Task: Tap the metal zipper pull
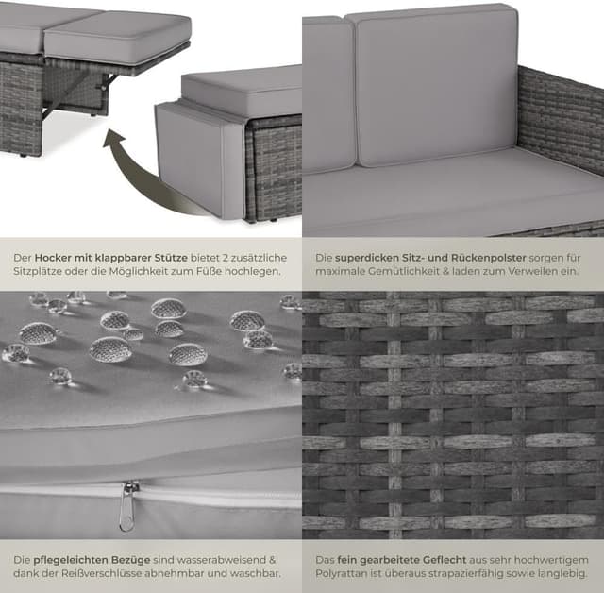(x=126, y=507)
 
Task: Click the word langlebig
(x=562, y=573)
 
